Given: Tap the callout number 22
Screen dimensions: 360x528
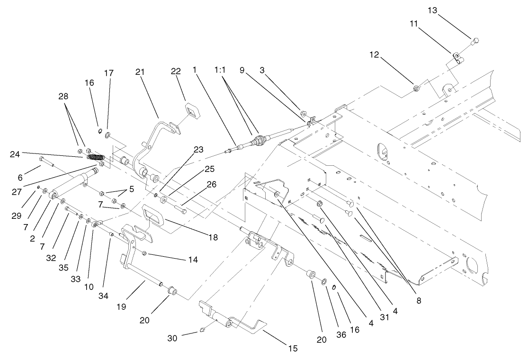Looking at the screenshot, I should click(x=176, y=71).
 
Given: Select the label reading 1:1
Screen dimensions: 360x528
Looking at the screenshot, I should click(x=219, y=70).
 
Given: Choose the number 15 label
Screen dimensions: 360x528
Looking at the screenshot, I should click(x=292, y=349).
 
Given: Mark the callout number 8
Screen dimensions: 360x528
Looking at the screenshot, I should click(x=419, y=300).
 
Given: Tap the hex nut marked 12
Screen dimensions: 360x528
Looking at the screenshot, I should click(x=416, y=87).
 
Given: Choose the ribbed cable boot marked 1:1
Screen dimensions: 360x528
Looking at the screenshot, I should click(x=258, y=140).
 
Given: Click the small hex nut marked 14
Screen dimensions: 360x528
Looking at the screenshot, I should click(x=144, y=254).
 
